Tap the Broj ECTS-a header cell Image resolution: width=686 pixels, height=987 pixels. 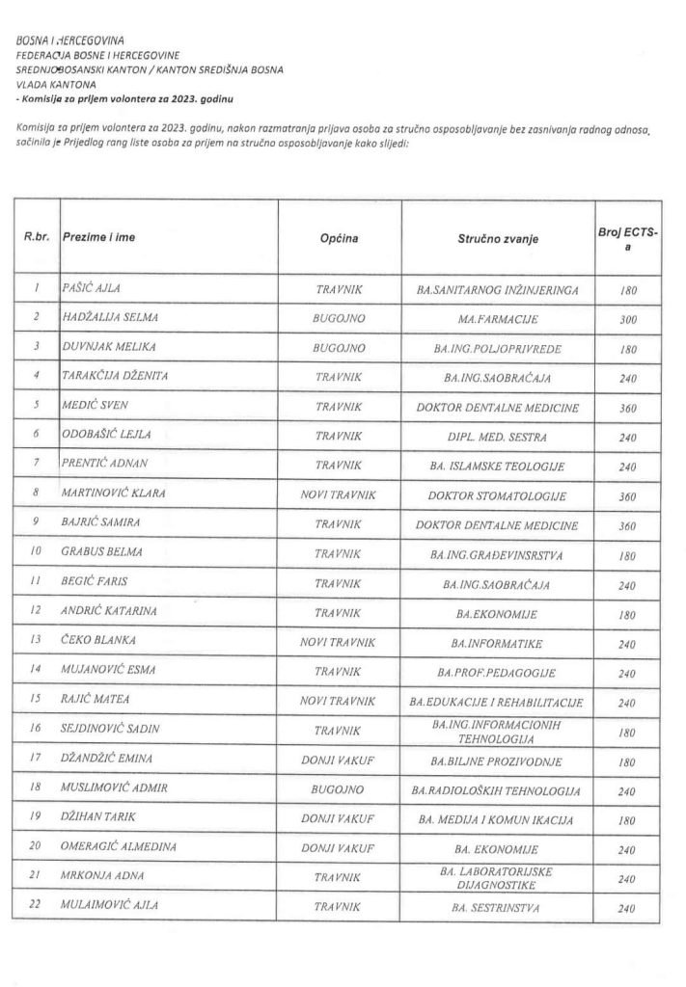point(628,237)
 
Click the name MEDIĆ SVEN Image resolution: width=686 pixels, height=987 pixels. point(96,407)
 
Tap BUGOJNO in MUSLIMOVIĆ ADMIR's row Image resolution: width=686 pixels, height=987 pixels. point(339,789)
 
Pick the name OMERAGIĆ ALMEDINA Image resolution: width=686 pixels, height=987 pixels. point(118,848)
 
